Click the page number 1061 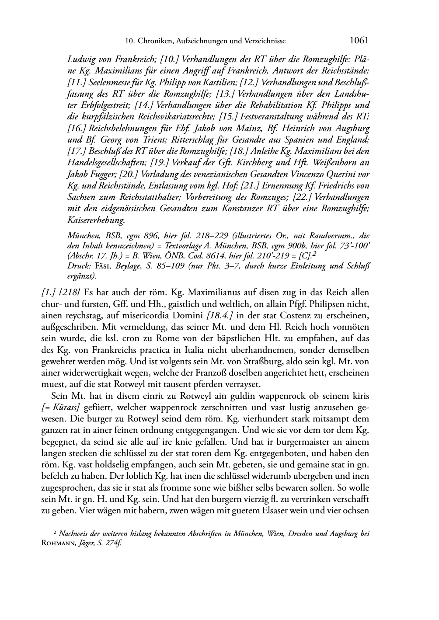click(359, 41)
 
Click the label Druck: click(79, 266)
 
